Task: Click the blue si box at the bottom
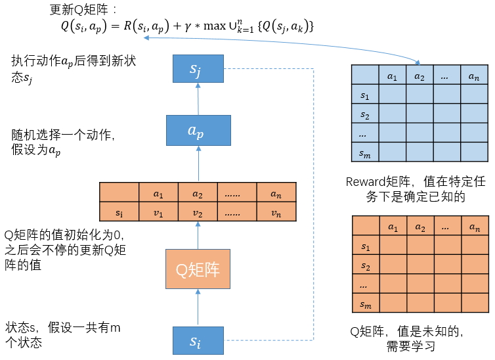(x=198, y=341)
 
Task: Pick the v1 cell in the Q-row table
(x=158, y=212)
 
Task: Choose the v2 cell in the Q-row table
(x=198, y=212)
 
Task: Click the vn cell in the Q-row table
(x=276, y=212)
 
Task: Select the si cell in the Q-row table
(x=119, y=212)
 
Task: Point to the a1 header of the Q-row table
(x=158, y=194)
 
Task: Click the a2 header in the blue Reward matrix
(x=419, y=76)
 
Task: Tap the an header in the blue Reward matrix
(x=473, y=76)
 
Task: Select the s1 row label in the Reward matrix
(x=365, y=96)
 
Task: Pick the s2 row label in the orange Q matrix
(x=365, y=267)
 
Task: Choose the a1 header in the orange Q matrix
(x=393, y=227)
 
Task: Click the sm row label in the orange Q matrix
(x=365, y=306)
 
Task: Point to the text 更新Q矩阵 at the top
(x=81, y=11)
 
